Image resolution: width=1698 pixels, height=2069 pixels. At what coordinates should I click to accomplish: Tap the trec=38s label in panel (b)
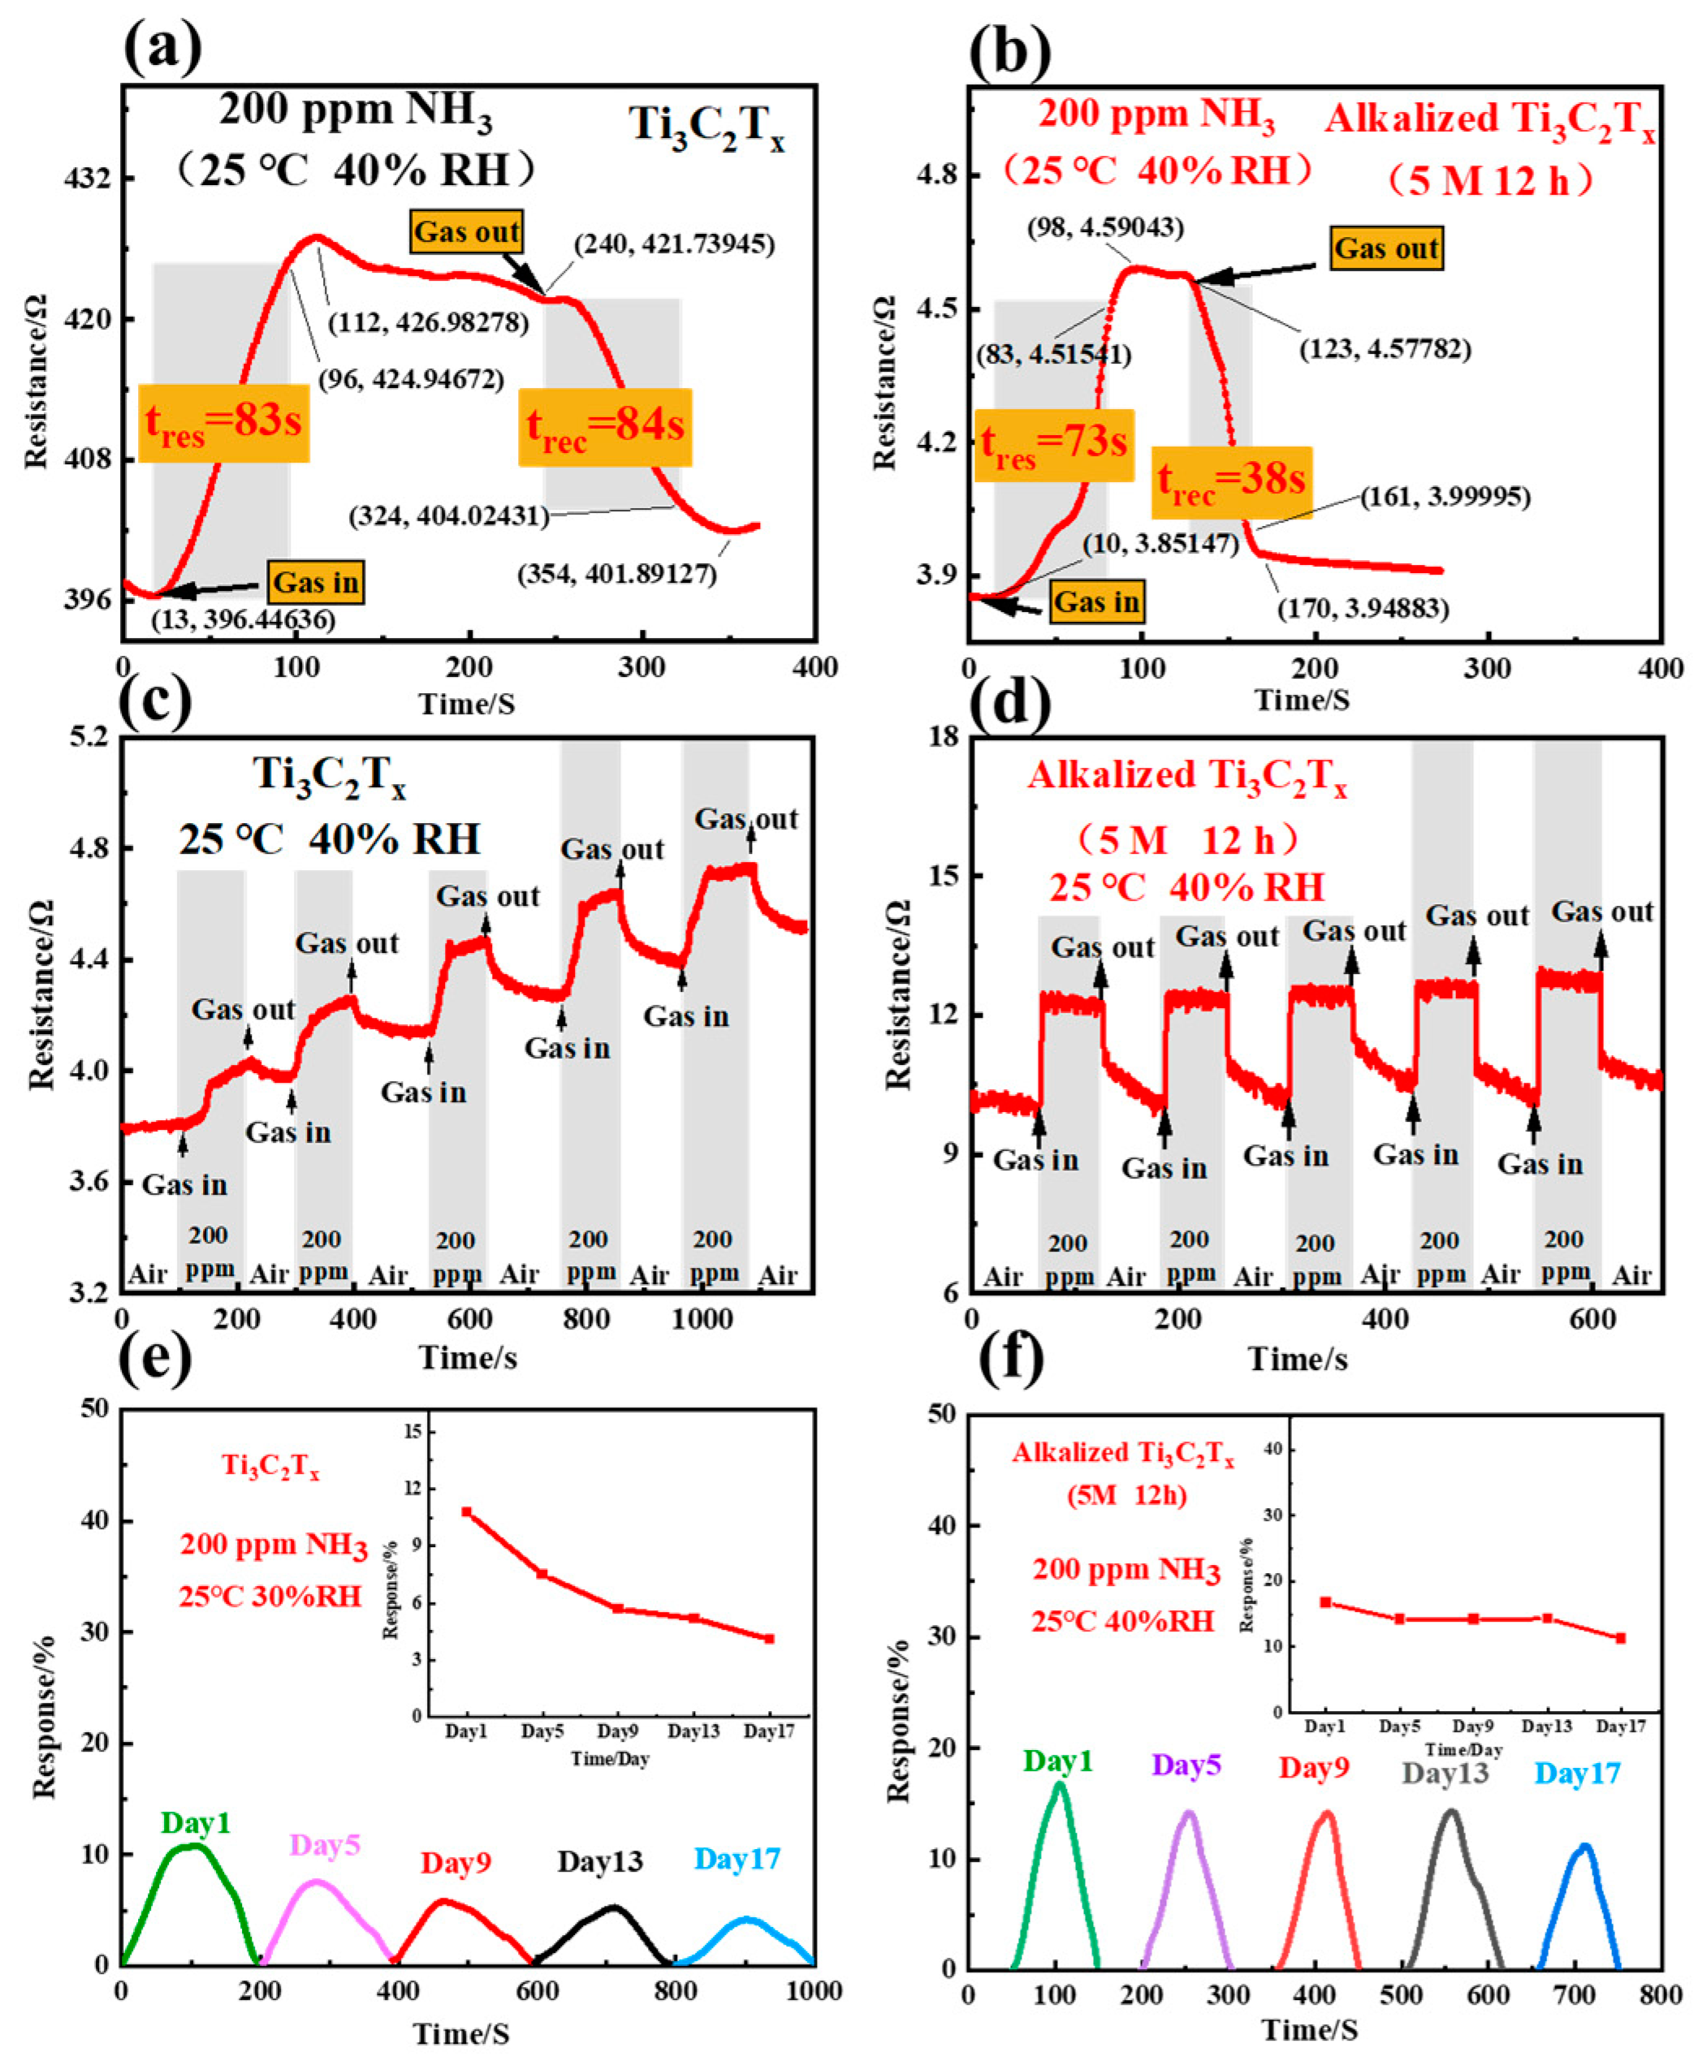[1230, 482]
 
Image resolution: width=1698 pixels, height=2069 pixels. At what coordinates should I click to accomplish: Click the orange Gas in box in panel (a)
[316, 583]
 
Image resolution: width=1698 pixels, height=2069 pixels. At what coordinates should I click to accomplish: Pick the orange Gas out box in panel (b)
[1386, 248]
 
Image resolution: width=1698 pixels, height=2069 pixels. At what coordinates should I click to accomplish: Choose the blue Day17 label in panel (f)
[1577, 1773]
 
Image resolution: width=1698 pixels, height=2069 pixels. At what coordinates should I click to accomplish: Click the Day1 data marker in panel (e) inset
[467, 1511]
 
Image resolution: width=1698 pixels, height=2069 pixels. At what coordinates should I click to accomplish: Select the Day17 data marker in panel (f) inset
[1621, 1638]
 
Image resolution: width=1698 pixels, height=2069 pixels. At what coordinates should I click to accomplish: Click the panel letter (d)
[1010, 704]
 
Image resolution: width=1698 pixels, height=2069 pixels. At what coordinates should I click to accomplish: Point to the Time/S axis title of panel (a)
[467, 703]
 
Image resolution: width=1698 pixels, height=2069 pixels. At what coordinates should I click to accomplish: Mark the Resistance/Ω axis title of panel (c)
[41, 995]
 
